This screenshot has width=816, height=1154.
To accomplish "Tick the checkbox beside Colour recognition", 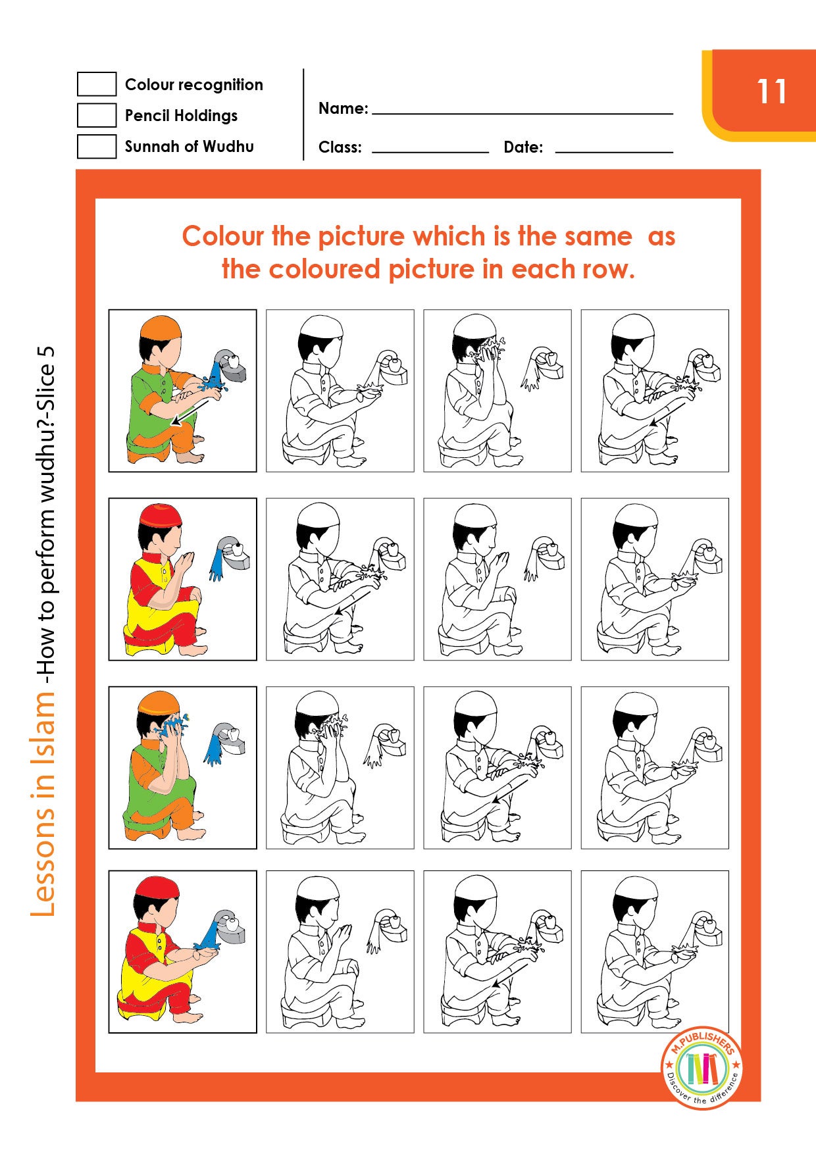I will [96, 84].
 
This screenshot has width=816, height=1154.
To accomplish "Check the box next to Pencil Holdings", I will [96, 115].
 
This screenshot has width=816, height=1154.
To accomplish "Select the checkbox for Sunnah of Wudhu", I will [96, 146].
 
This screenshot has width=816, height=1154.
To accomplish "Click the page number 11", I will [771, 91].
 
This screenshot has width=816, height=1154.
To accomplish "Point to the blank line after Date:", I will [613, 149].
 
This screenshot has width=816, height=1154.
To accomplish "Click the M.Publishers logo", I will [702, 1066].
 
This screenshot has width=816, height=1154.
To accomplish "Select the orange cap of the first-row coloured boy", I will [161, 327].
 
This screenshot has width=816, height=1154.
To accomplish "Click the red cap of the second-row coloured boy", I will [161, 514].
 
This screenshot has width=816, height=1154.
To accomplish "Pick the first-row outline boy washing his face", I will [497, 391].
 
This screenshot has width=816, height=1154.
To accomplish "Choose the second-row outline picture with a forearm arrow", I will [340, 579].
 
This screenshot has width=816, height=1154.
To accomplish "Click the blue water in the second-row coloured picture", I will [216, 565].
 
